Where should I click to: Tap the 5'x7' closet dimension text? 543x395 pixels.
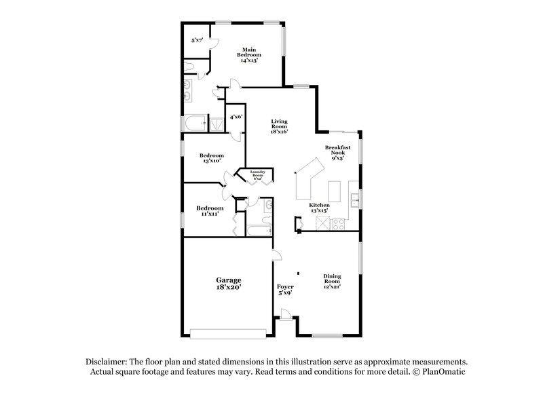(197, 41)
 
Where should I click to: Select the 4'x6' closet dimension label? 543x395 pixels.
(236, 117)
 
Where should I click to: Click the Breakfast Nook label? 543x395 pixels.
(337, 152)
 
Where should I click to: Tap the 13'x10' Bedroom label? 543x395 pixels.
(211, 159)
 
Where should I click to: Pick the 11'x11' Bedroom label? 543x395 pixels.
(210, 210)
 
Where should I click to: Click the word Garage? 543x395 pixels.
(229, 280)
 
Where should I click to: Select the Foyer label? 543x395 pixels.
(285, 290)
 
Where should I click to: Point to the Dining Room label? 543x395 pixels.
(332, 281)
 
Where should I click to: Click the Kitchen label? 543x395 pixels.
(319, 207)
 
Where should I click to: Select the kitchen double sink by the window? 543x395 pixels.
(354, 199)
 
